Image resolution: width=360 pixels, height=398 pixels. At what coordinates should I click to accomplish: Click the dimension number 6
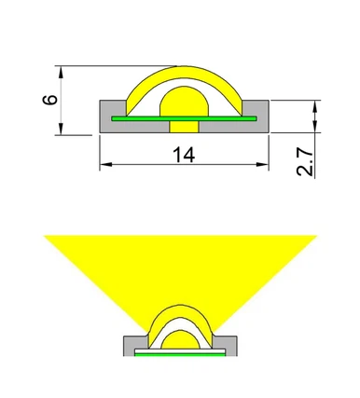(x=51, y=98)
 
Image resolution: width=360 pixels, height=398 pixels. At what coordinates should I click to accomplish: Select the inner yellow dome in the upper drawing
(x=182, y=103)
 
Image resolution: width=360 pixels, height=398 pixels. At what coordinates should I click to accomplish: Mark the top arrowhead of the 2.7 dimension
(x=314, y=103)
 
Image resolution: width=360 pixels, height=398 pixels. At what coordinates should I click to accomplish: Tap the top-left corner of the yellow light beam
(x=47, y=237)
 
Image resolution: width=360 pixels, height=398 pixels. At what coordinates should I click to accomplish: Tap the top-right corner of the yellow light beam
(x=315, y=237)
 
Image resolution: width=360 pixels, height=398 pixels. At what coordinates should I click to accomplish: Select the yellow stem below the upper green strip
(x=182, y=128)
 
